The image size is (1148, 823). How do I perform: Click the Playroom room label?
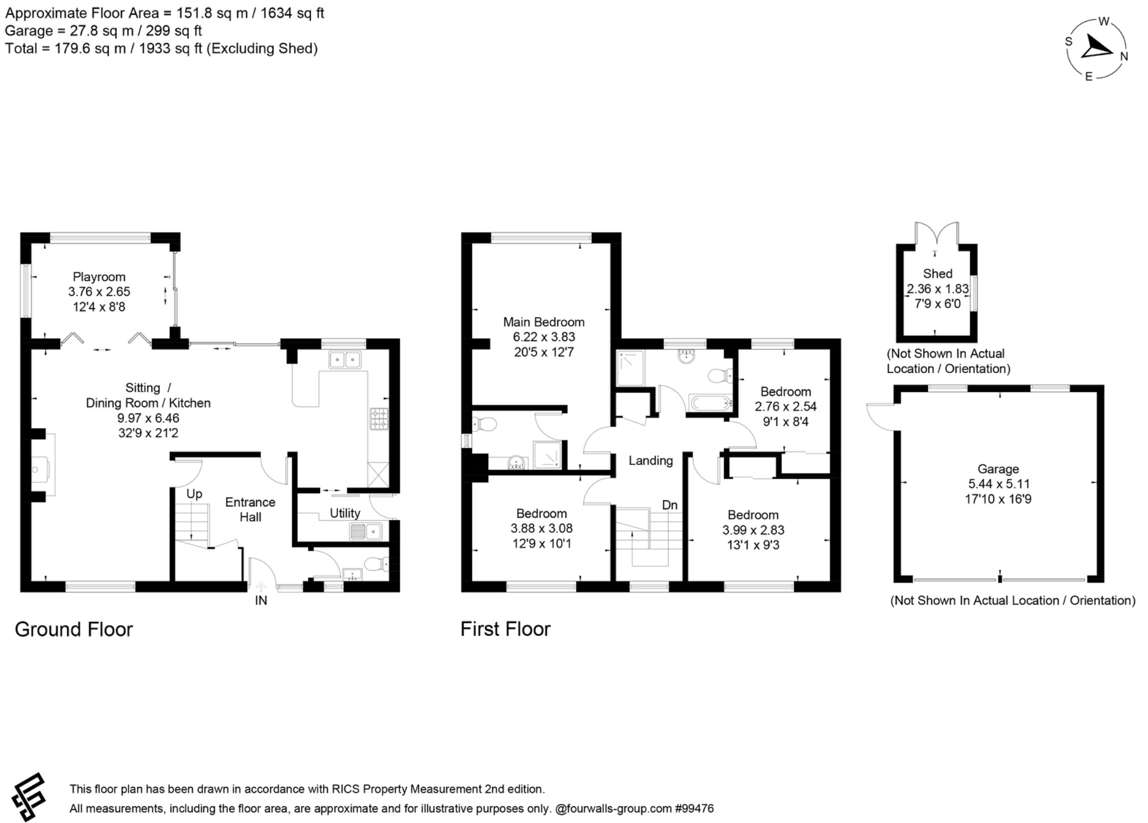point(99,277)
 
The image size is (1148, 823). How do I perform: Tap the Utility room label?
point(345,513)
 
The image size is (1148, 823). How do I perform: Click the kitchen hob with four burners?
point(379,419)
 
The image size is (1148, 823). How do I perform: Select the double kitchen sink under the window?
point(345,360)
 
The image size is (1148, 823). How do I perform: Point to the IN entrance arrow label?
point(261,601)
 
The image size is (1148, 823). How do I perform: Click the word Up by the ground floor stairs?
point(194,494)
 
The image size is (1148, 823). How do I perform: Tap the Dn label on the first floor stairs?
point(670,505)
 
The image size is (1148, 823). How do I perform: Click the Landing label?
point(650,461)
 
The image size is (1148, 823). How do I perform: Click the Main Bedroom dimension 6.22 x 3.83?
point(543,337)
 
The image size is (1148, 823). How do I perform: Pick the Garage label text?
point(998,469)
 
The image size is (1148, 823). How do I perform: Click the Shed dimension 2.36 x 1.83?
point(937,289)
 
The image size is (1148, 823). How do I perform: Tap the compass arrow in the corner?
point(1095,48)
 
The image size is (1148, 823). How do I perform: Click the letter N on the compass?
point(1124,57)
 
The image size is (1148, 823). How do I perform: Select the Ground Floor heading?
point(73,629)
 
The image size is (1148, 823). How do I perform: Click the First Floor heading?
point(505,629)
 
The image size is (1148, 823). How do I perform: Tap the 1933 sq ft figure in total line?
point(170,49)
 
